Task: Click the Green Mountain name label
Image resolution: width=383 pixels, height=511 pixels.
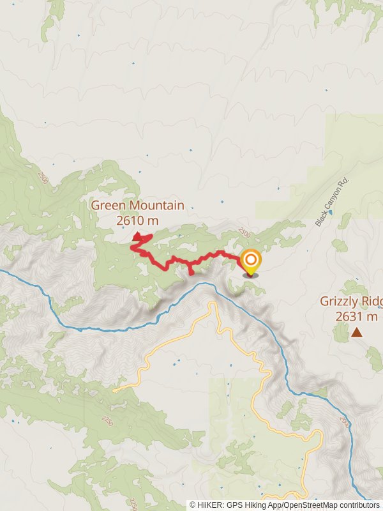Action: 137,206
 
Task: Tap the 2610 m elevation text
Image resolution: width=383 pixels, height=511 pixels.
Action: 137,220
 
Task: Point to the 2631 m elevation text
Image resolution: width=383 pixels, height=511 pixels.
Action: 356,316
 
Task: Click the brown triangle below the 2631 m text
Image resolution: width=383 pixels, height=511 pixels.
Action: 356,332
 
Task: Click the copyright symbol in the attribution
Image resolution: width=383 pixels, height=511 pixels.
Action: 193,505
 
